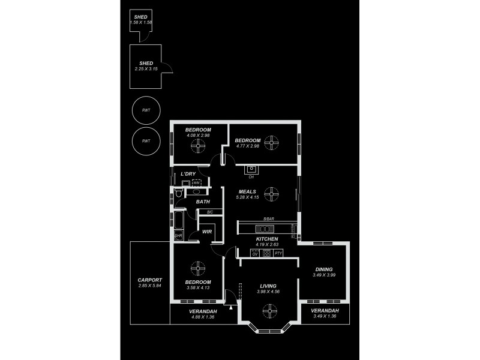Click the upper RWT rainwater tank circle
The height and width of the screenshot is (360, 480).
146,110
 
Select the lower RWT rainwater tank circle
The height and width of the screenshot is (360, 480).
146,141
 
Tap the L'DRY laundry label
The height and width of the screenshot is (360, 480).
188,174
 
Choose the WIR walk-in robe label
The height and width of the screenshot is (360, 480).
207,232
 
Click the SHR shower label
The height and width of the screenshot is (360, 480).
178,236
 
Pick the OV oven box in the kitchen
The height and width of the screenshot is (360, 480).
254,254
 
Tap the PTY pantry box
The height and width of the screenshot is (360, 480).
278,254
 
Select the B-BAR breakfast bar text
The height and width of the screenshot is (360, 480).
268,220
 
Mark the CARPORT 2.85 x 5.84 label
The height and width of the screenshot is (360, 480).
149,283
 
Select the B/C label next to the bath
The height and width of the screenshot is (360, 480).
209,212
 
